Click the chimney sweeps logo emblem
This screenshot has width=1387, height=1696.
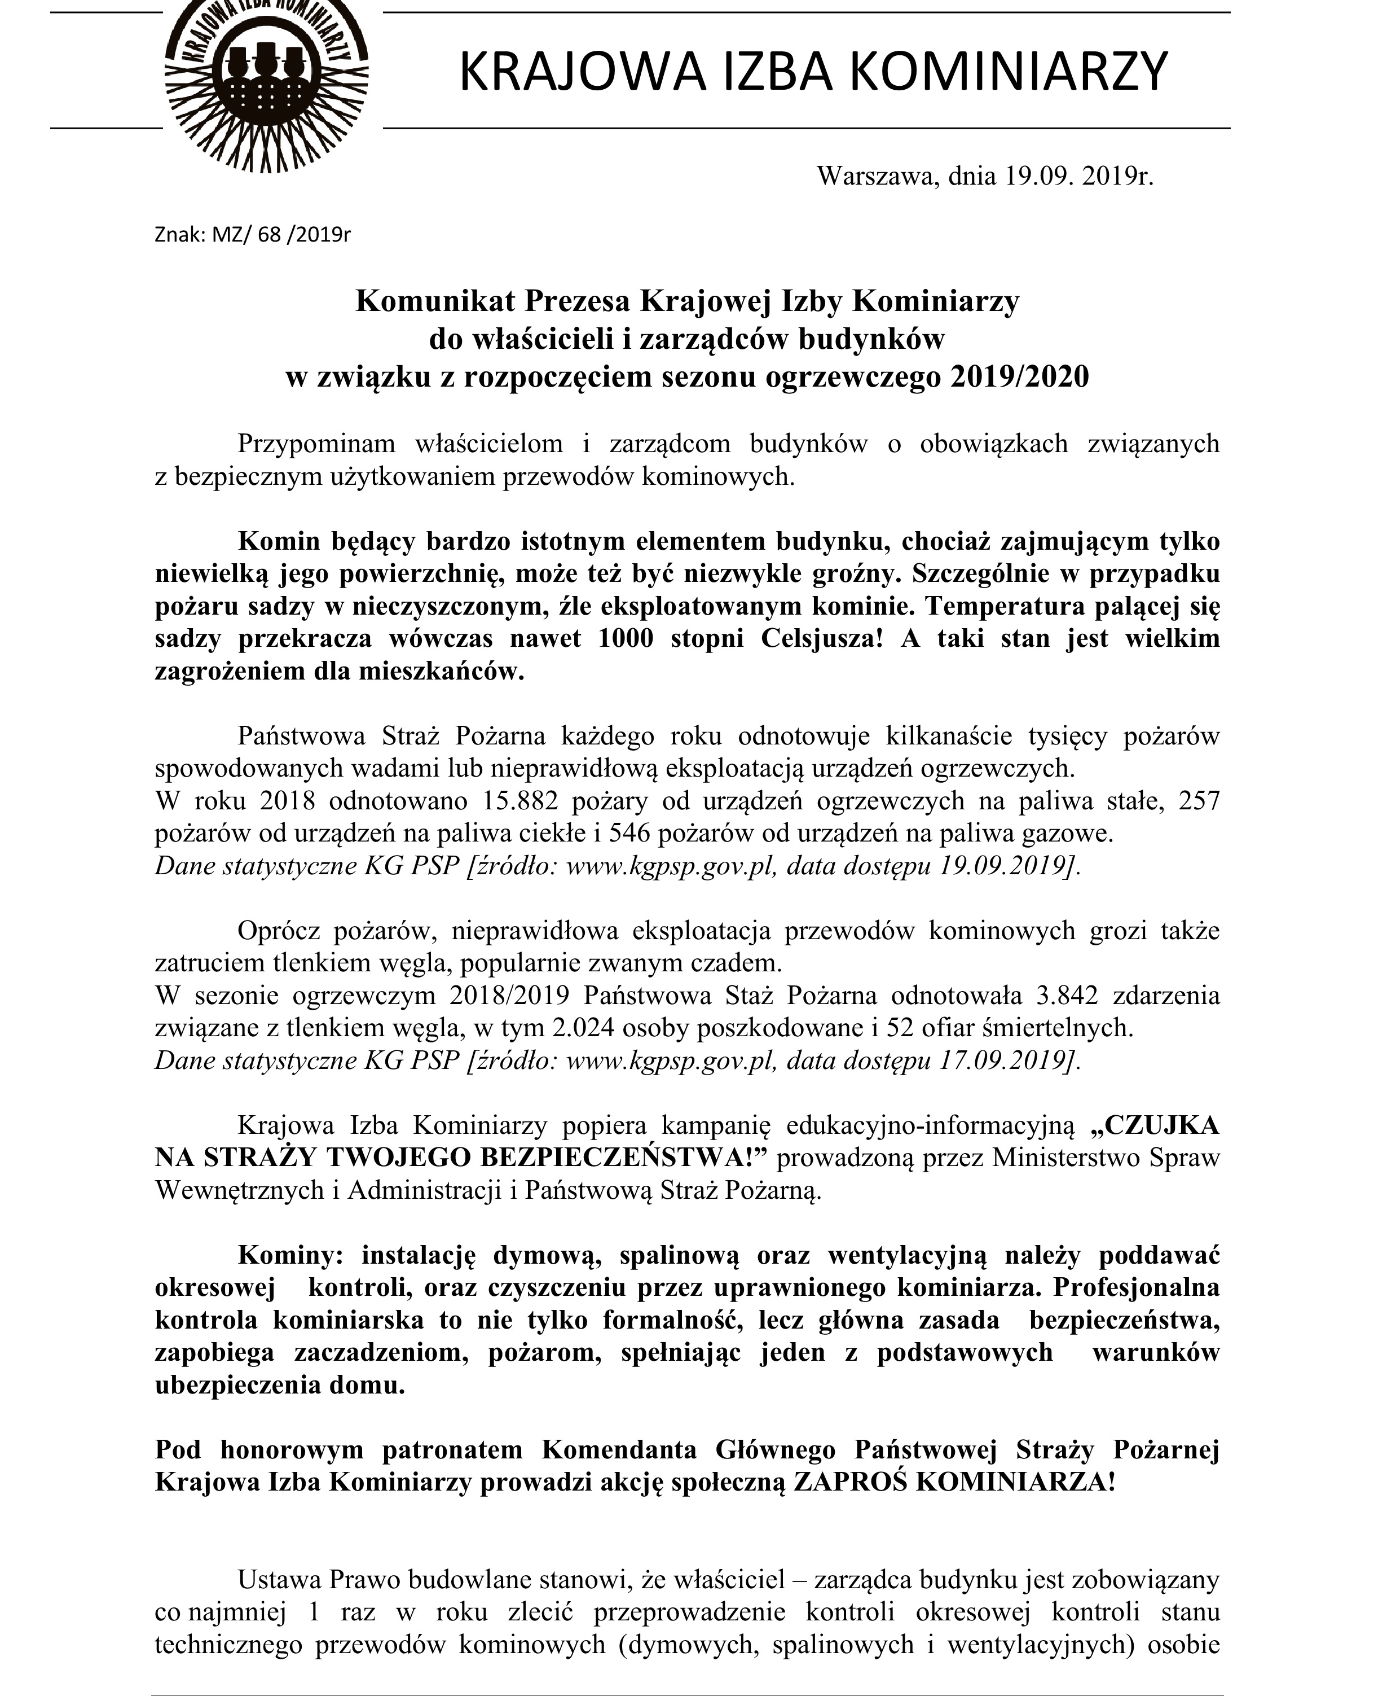(x=266, y=80)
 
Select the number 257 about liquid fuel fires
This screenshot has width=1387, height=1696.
(x=1199, y=801)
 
